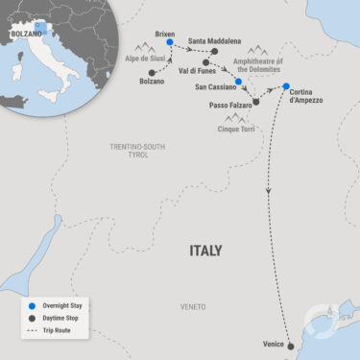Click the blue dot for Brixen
tap(170, 41)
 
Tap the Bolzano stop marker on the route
tap(152, 72)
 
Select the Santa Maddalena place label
tap(215, 41)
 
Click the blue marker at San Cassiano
tap(238, 83)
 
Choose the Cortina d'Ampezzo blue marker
tap(285, 87)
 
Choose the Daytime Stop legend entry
tap(60, 317)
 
